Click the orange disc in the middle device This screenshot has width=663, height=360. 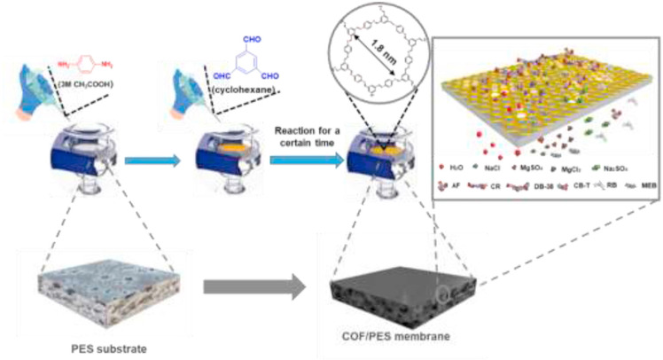[232, 142]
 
